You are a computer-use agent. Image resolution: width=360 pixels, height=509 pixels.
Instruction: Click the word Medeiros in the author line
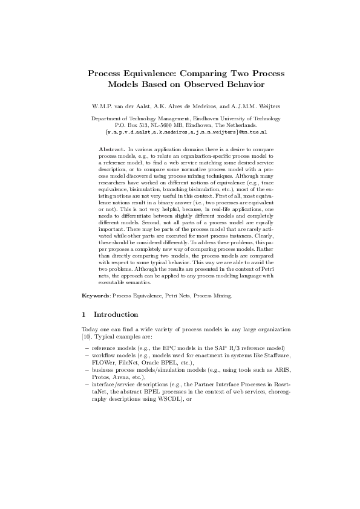201,107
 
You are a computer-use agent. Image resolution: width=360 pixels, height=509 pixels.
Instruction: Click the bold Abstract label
111,149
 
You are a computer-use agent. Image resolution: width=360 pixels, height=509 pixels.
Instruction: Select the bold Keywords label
96,296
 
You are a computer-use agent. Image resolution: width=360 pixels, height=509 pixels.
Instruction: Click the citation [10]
87,336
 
